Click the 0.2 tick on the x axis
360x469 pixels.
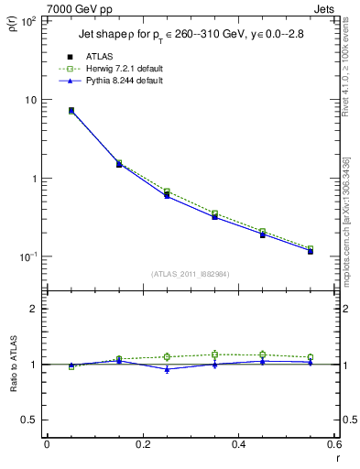coord(142,444)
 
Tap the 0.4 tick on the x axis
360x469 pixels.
coord(238,444)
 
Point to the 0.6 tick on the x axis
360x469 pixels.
coord(334,444)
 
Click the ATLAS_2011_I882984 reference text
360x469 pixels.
coord(190,274)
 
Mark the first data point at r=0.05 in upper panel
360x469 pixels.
coord(71,110)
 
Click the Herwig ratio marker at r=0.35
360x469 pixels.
coord(214,354)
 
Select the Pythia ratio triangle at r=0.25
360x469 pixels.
coord(167,369)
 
